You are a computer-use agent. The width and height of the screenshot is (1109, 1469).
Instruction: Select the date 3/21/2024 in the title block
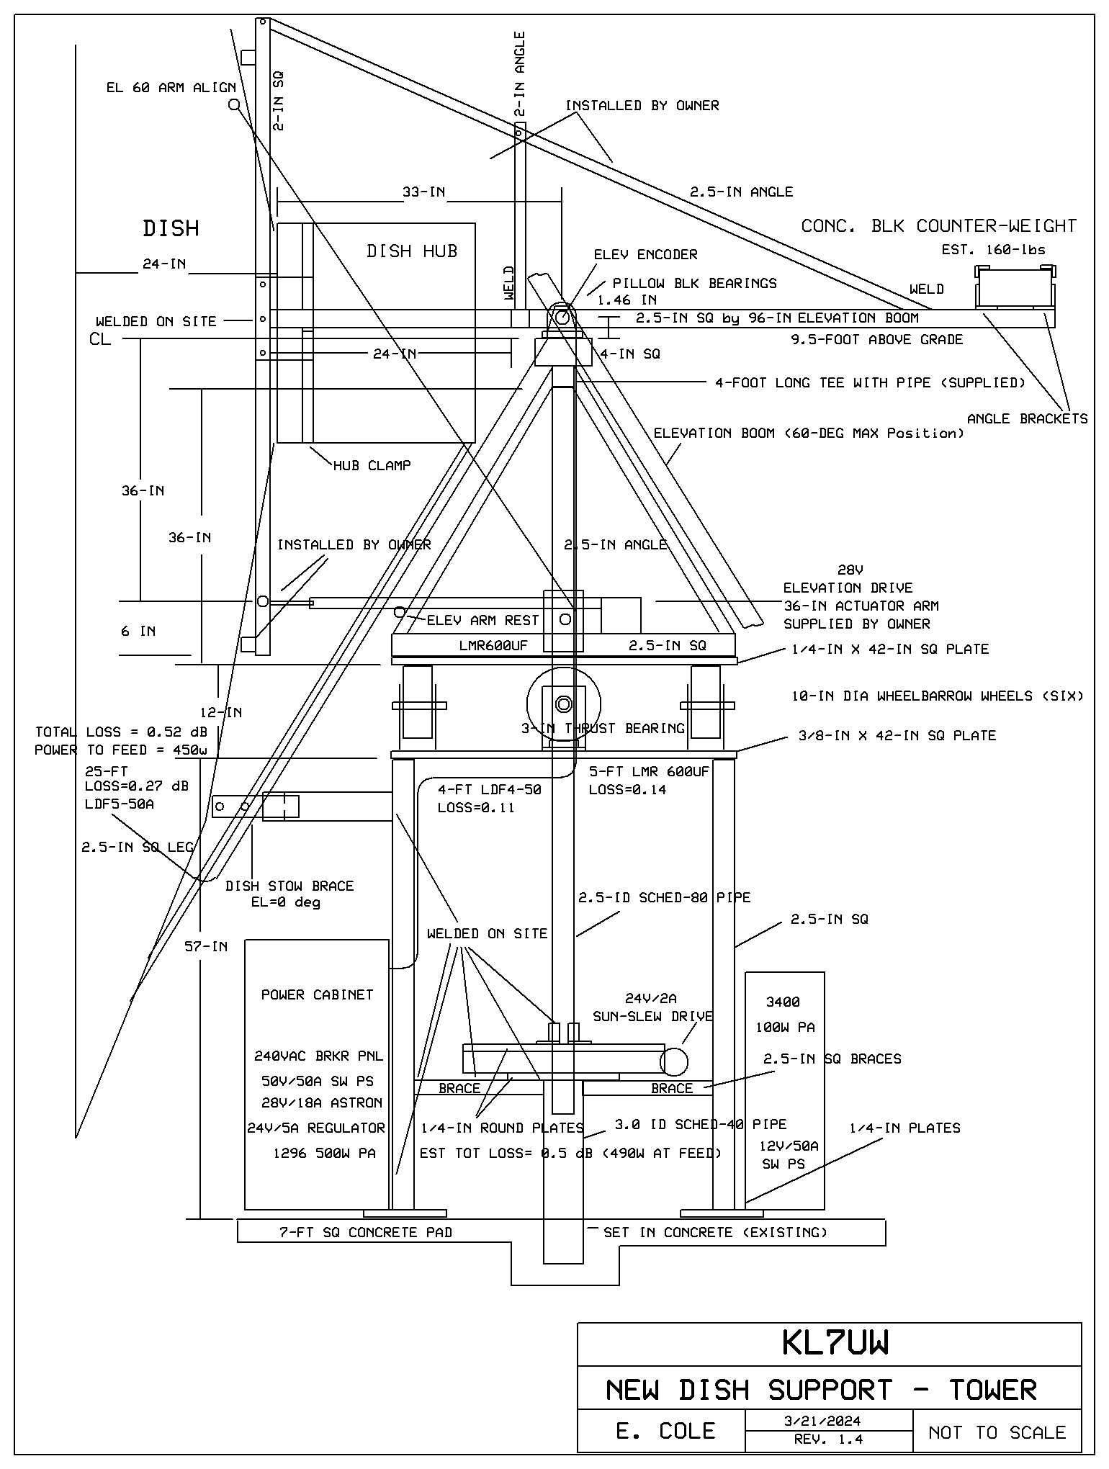point(827,1421)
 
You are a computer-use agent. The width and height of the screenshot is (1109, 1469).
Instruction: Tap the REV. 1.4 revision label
point(827,1439)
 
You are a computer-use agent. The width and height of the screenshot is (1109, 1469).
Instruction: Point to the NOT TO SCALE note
point(997,1432)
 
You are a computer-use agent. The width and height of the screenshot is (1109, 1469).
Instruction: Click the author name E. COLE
point(665,1431)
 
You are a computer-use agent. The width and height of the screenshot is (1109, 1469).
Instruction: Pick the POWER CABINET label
point(317,994)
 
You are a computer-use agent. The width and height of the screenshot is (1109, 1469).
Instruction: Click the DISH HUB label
point(412,251)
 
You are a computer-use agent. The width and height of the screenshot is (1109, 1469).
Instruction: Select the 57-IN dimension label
point(206,946)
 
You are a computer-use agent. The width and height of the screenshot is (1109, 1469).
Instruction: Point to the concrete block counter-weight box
point(1015,288)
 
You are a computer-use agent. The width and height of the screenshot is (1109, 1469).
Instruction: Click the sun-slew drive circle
point(674,1061)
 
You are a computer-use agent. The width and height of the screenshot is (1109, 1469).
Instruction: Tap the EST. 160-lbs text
point(993,250)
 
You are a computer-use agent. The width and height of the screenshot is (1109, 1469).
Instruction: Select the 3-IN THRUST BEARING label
point(602,728)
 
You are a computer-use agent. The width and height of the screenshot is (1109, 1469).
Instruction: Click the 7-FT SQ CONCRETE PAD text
point(366,1232)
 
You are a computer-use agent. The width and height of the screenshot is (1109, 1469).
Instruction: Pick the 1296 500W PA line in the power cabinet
point(324,1153)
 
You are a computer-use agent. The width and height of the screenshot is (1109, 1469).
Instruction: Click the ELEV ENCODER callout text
point(645,254)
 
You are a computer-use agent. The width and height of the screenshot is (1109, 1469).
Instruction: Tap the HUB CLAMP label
point(372,465)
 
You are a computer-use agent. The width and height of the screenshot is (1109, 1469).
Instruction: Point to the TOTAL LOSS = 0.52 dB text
point(121,732)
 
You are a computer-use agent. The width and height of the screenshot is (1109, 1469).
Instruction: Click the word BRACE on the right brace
point(671,1088)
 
